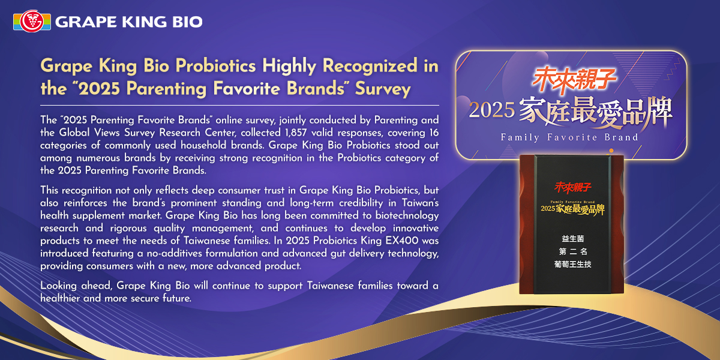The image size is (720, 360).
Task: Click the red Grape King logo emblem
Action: pyautogui.click(x=32, y=22)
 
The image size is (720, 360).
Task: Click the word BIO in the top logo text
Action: pyautogui.click(x=187, y=22)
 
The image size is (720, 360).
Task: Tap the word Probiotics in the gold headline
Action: pyautogui.click(x=215, y=66)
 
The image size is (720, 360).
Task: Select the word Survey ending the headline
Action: pyautogui.click(x=383, y=89)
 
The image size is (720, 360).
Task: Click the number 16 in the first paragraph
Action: pyautogui.click(x=434, y=133)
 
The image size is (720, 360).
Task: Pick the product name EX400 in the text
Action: pyautogui.click(x=402, y=241)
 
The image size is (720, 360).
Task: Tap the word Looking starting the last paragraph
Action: pyautogui.click(x=58, y=286)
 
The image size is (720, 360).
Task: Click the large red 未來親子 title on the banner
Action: pyautogui.click(x=574, y=79)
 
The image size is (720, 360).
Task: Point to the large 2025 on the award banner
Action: pyautogui.click(x=492, y=110)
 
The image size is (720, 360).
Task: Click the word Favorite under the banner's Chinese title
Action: pyautogui.click(x=572, y=137)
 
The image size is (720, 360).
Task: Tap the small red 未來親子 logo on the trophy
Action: pyautogui.click(x=573, y=187)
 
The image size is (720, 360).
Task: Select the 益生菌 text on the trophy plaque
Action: pyautogui.click(x=573, y=239)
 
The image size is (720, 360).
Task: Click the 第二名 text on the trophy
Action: pyautogui.click(x=573, y=251)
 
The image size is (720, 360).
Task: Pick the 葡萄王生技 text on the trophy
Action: pyautogui.click(x=573, y=264)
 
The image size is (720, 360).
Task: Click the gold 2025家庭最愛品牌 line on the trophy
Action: pyautogui.click(x=573, y=209)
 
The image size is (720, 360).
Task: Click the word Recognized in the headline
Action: pyautogui.click(x=370, y=66)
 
